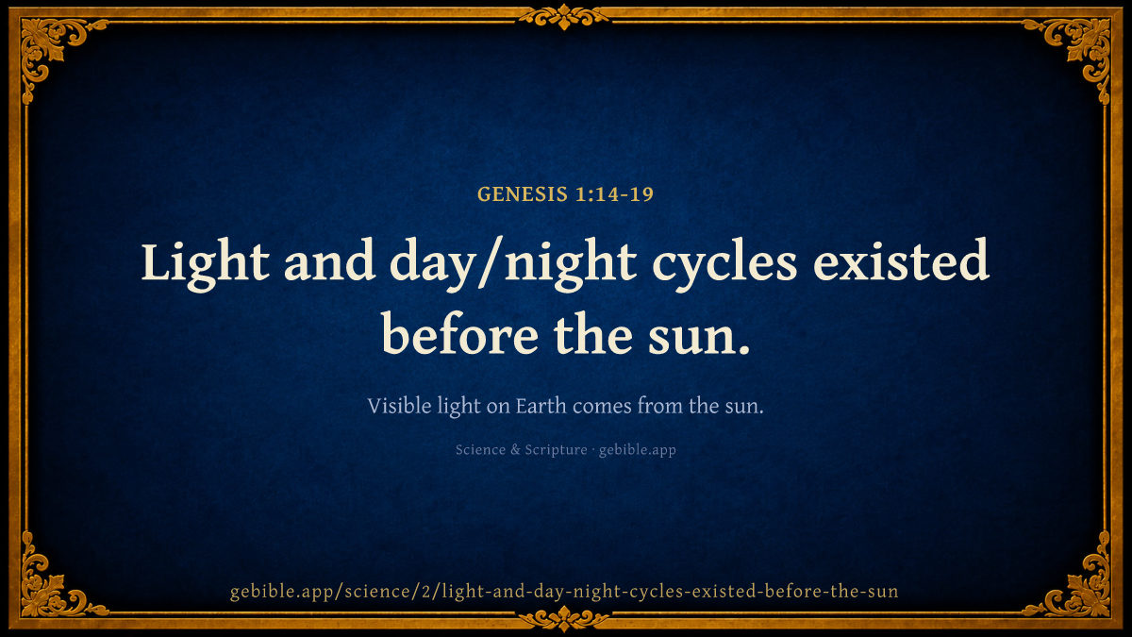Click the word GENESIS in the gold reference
523,194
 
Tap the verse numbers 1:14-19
615,194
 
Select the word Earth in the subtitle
541,406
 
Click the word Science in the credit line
480,449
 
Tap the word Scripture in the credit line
556,450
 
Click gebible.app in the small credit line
638,450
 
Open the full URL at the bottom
564,592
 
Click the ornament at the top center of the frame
564,17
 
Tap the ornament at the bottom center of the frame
564,619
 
